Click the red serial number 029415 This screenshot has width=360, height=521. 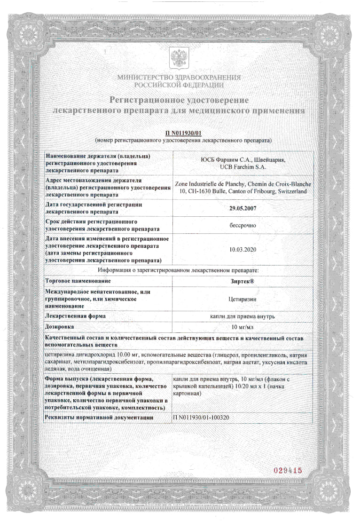pyautogui.click(x=287, y=470)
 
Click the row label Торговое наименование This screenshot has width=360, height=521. pyautogui.click(x=78, y=281)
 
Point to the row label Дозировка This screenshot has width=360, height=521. pyautogui.click(x=60, y=326)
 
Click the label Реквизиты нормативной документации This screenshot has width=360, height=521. pyautogui.click(x=104, y=417)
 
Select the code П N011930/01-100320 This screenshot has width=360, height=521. pyautogui.click(x=202, y=417)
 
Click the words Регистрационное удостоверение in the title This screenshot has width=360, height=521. pyautogui.click(x=179, y=100)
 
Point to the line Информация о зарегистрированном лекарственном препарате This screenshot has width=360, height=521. pyautogui.click(x=179, y=270)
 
